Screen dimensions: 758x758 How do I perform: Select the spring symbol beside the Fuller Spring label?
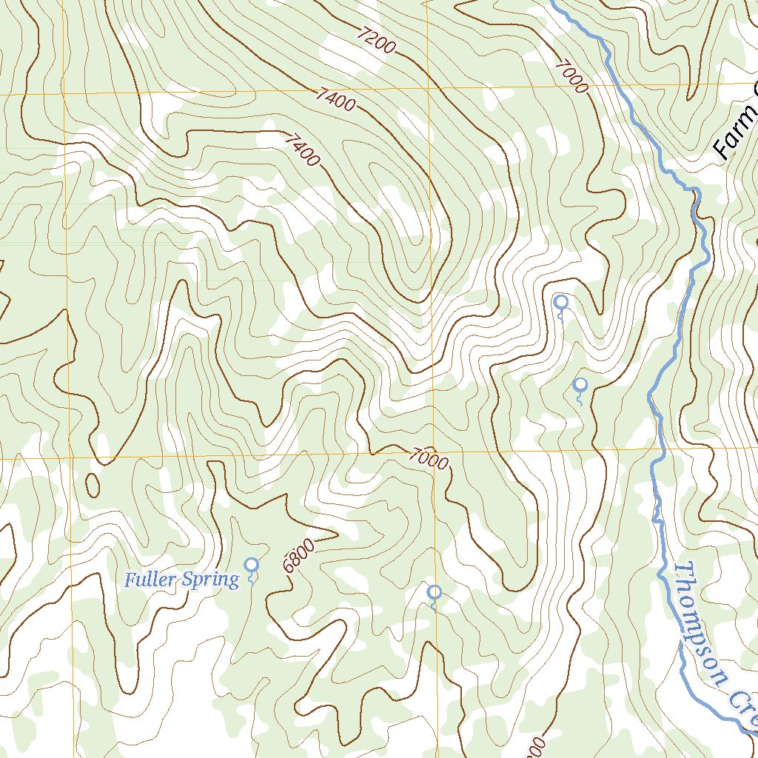[252, 566]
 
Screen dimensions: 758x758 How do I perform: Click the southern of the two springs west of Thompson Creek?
[580, 386]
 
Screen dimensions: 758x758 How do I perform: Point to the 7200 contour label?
[376, 41]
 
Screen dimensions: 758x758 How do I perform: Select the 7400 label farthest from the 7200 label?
[302, 150]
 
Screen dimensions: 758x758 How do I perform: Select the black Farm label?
[736, 133]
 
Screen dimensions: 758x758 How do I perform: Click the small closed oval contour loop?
[93, 484]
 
